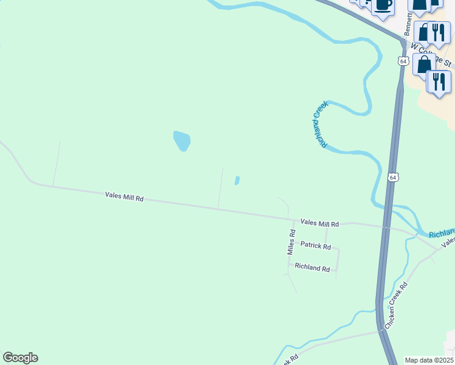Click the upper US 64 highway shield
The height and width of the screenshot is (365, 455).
403,61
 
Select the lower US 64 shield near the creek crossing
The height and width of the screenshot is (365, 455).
392,177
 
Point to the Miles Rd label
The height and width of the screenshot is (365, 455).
291,242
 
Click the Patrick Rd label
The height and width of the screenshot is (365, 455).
316,246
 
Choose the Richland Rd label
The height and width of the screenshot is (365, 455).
312,267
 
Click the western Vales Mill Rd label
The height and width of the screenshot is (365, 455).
124,196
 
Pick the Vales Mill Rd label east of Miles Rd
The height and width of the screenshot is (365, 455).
319,224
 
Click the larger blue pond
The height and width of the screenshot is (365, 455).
181,141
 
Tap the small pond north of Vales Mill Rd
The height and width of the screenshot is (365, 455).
237,181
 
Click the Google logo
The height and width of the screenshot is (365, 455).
20,358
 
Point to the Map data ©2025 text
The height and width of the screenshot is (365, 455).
428,360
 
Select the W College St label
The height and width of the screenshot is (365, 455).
431,55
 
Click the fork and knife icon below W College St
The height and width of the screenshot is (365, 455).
438,81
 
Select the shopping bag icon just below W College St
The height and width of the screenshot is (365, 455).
423,65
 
